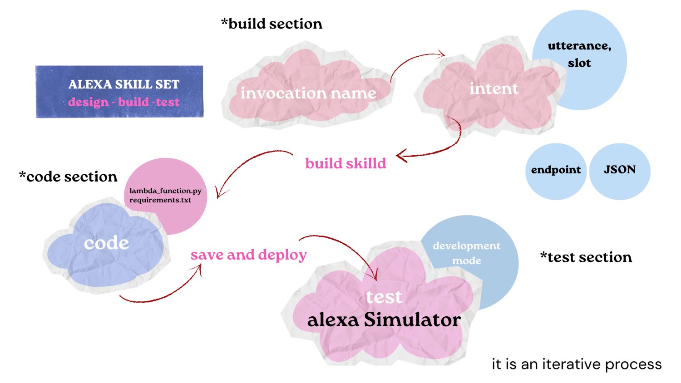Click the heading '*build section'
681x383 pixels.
click(271, 24)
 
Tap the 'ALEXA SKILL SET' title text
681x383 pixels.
click(123, 84)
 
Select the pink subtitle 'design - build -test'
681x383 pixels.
click(123, 102)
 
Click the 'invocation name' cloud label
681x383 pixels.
click(308, 93)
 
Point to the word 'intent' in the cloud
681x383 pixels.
click(493, 88)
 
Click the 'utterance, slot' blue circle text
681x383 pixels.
click(579, 54)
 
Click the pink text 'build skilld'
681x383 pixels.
click(345, 163)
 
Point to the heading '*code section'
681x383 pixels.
click(68, 177)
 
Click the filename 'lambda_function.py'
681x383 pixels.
click(165, 191)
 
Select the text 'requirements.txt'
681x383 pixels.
click(160, 200)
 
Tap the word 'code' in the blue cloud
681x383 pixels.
click(107, 243)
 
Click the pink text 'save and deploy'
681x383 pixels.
click(249, 255)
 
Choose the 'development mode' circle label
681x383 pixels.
click(466, 253)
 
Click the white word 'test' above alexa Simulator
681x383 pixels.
click(384, 297)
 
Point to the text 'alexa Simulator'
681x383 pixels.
click(384, 320)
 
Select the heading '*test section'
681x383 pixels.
click(586, 257)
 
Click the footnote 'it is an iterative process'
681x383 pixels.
click(577, 364)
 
